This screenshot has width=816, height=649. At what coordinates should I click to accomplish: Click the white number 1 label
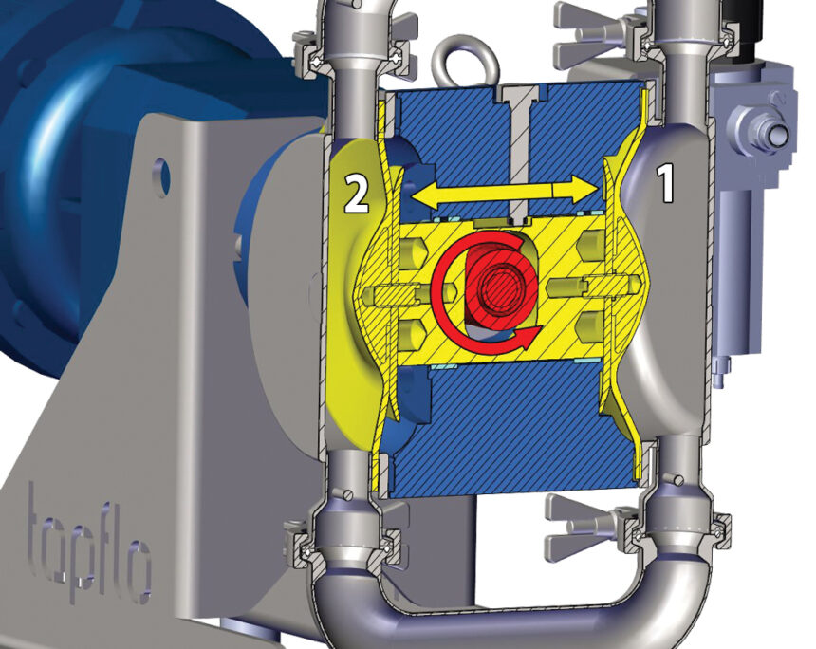[x=666, y=182]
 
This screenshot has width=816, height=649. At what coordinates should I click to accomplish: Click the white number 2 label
[x=357, y=194]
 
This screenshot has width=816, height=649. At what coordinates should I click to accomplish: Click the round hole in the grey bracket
[x=163, y=175]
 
